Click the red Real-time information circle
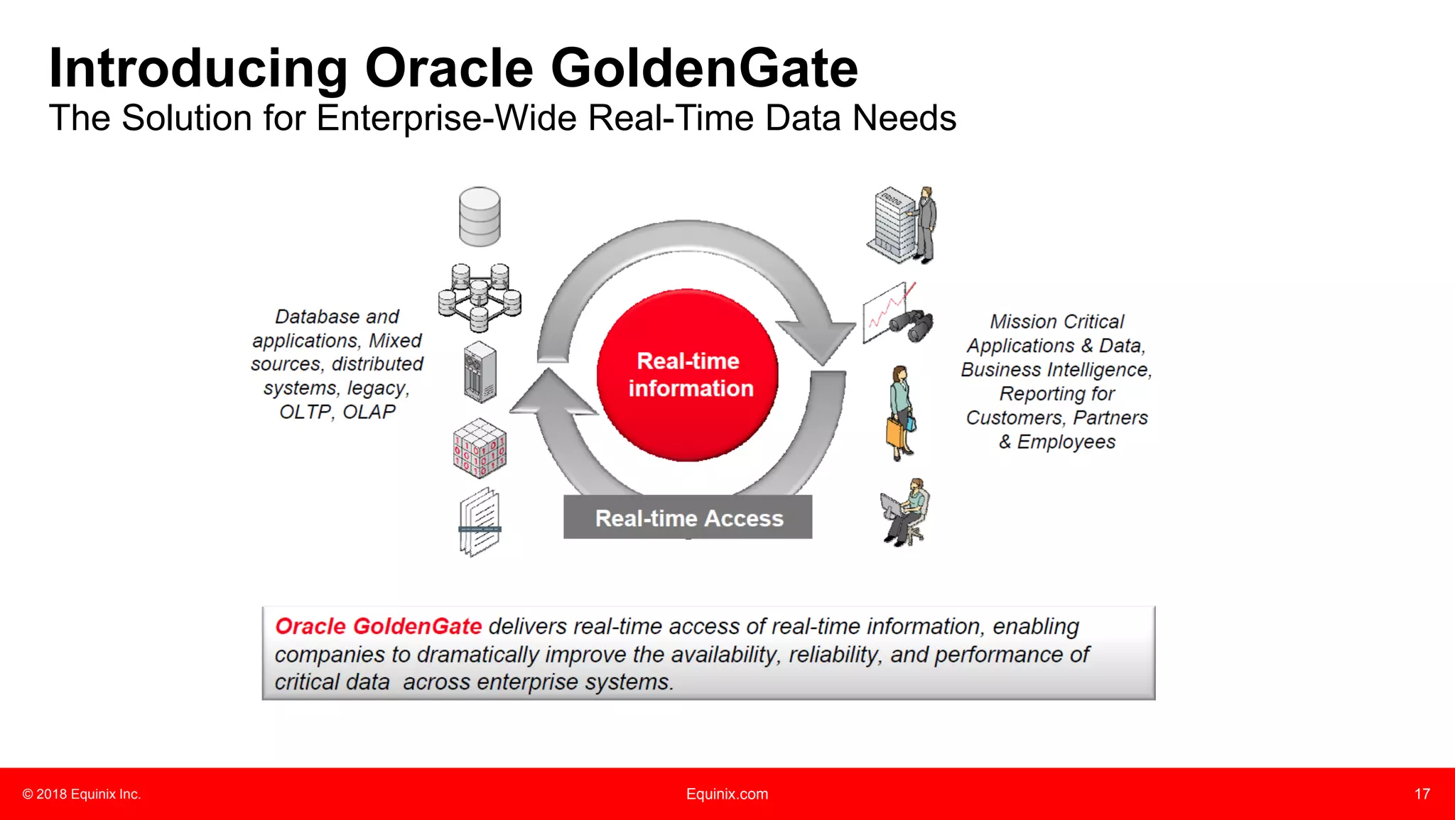point(687,375)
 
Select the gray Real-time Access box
point(688,517)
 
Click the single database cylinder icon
point(480,217)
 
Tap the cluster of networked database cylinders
point(480,297)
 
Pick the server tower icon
point(480,372)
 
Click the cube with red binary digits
point(480,448)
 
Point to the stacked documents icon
point(480,522)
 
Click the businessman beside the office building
point(925,224)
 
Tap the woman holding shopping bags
point(901,413)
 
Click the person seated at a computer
point(905,512)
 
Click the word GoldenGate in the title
point(704,68)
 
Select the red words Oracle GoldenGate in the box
point(378,626)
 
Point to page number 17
point(1422,794)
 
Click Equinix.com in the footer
point(727,794)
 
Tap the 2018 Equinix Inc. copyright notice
point(82,794)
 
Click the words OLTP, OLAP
point(337,412)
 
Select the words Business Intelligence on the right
point(1055,370)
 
